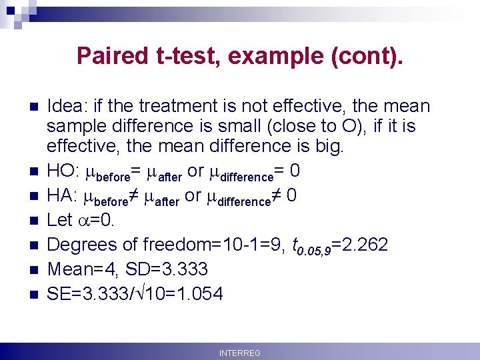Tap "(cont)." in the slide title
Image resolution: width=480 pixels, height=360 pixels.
pyautogui.click(x=366, y=55)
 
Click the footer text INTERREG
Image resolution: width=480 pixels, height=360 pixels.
pyautogui.click(x=240, y=353)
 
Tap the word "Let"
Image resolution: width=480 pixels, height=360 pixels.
pyautogui.click(x=59, y=220)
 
